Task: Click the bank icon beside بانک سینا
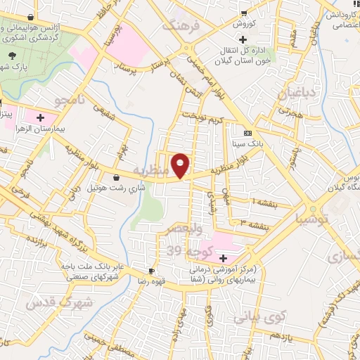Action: pyautogui.click(x=247, y=133)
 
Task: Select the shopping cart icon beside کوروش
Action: pyautogui.click(x=244, y=13)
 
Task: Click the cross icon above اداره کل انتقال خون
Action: pyautogui.click(x=243, y=39)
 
